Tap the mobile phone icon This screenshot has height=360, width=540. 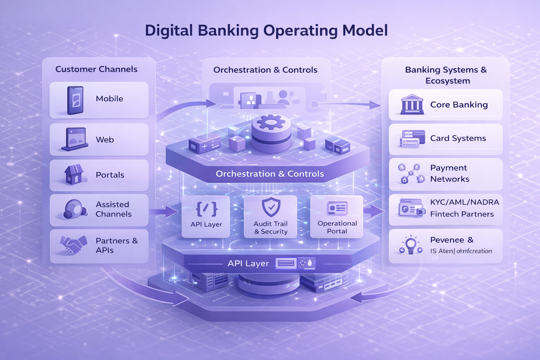75,100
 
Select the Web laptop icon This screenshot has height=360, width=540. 75,139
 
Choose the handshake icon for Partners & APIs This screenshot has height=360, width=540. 73,244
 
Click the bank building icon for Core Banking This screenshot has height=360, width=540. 412,104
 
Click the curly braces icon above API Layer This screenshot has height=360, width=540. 206,209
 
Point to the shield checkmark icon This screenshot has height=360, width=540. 271,207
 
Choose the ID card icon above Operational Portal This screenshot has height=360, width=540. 337,208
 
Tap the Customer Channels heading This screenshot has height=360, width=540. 96,69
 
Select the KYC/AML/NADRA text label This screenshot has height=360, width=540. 464,202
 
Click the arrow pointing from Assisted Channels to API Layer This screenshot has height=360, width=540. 164,211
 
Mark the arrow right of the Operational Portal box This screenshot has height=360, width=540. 374,211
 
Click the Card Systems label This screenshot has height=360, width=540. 458,139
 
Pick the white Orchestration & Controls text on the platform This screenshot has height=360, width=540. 270,174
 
